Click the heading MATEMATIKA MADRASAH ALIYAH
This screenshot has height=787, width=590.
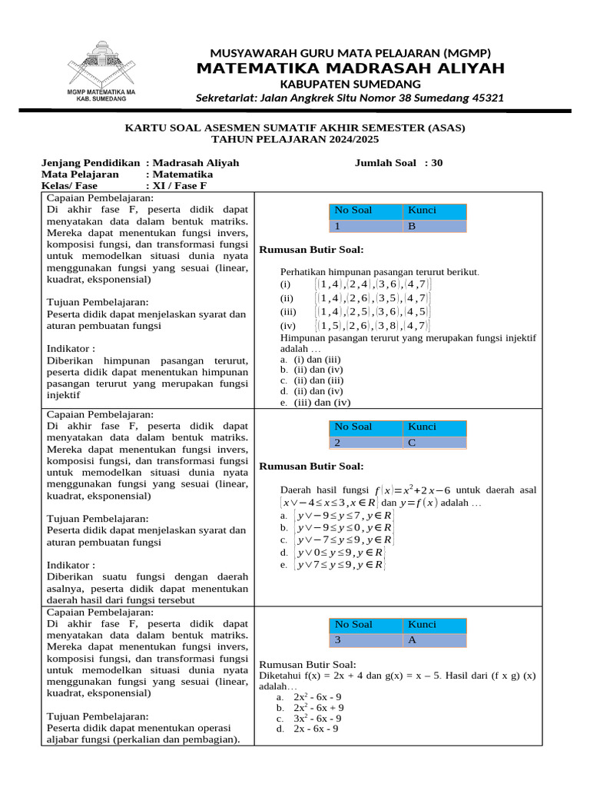click(x=350, y=68)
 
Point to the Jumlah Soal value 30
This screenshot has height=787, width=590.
click(x=437, y=163)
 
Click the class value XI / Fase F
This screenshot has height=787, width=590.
click(x=180, y=185)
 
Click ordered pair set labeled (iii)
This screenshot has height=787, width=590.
click(x=373, y=311)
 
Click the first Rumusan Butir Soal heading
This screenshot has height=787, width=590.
click(x=311, y=250)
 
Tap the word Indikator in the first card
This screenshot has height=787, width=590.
click(x=71, y=347)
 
